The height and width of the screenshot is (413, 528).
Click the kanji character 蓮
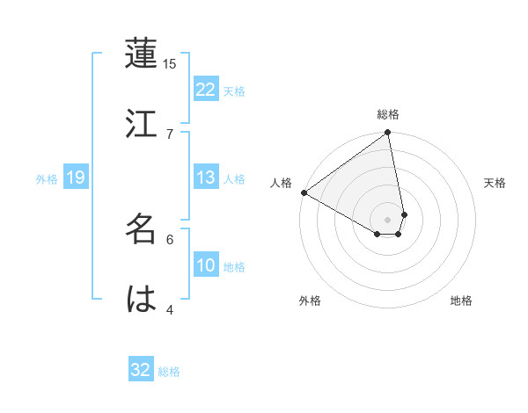point(142,56)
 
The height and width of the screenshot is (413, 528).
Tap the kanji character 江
point(142,124)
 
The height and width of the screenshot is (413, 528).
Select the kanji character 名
point(142,229)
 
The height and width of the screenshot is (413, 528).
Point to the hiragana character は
point(142,299)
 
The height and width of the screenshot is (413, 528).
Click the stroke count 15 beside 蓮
point(170,64)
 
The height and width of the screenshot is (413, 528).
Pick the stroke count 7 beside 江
point(170,133)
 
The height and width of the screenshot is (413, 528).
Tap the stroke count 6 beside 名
point(170,238)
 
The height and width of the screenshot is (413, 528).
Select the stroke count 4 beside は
point(170,308)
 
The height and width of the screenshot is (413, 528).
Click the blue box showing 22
point(206,90)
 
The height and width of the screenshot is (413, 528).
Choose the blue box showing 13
point(206,178)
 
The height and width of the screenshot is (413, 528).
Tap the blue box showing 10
point(206,265)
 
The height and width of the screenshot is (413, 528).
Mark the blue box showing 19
point(76,178)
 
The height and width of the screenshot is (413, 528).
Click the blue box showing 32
point(141,370)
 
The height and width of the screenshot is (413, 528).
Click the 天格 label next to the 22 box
point(234,91)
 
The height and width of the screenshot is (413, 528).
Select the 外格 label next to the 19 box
point(47,178)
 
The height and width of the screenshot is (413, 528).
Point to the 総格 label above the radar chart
point(388,114)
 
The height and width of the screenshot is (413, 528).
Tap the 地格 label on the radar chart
point(461,301)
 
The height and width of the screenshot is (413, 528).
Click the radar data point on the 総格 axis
point(388,134)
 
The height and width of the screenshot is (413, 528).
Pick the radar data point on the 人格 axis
point(304,192)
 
